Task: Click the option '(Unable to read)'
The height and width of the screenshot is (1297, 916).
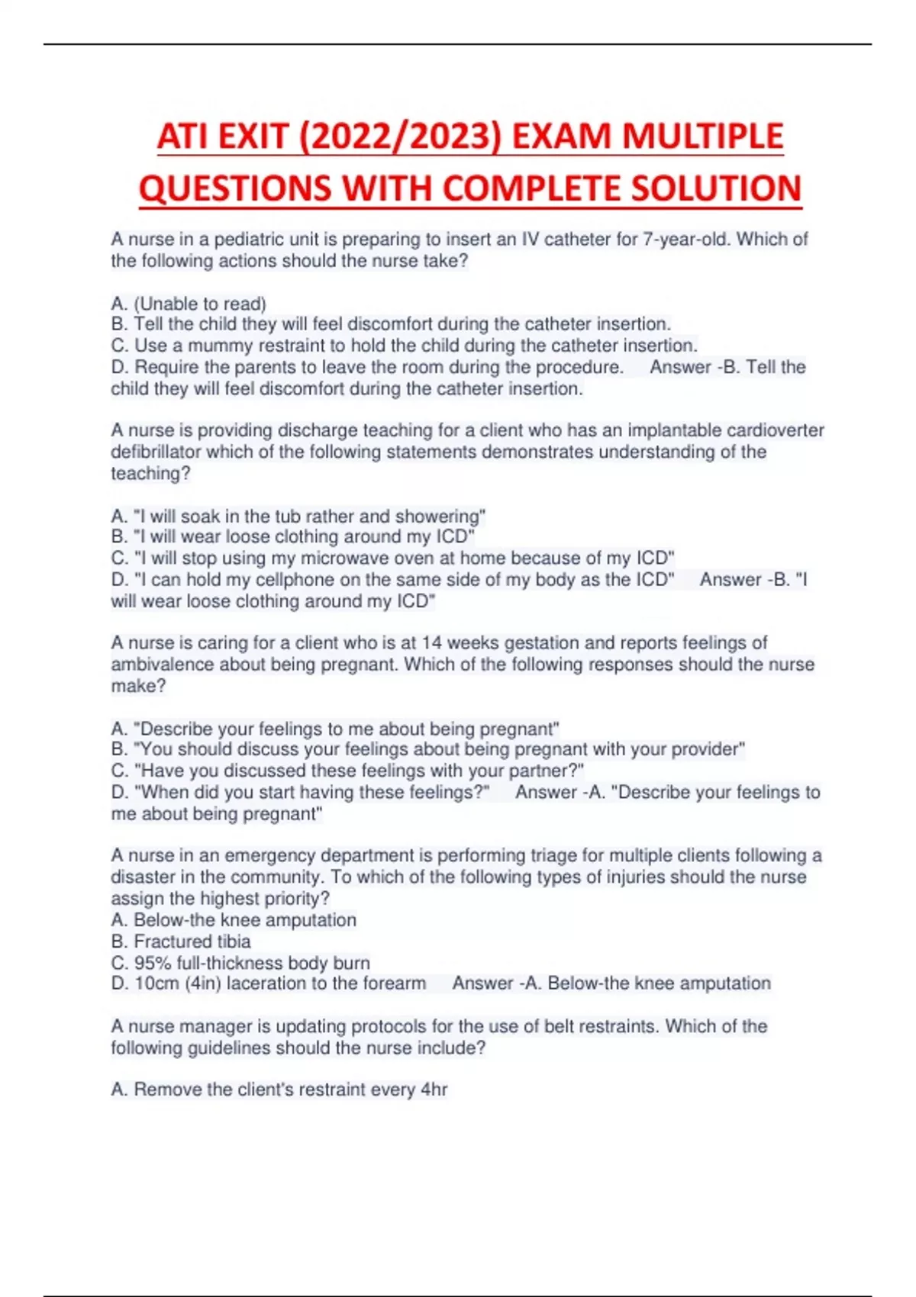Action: click(200, 304)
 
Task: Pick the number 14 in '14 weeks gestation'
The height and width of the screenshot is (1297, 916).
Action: click(431, 643)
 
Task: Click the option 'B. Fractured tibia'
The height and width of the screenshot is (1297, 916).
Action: click(181, 941)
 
